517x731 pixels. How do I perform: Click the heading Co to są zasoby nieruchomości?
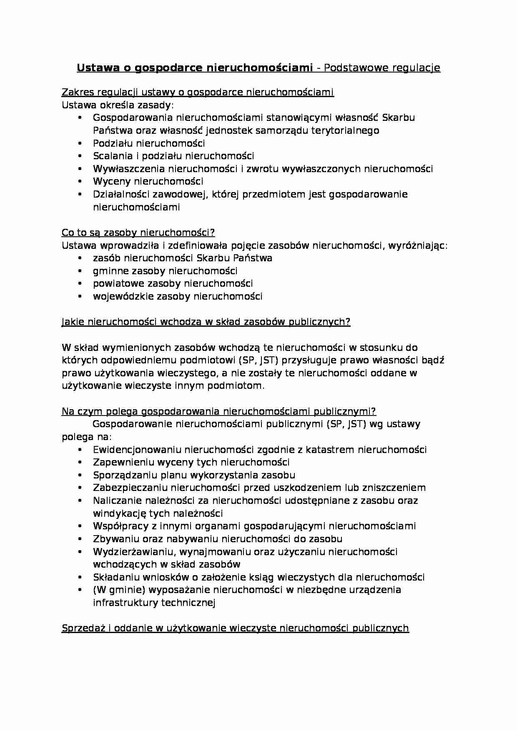tap(138, 233)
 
